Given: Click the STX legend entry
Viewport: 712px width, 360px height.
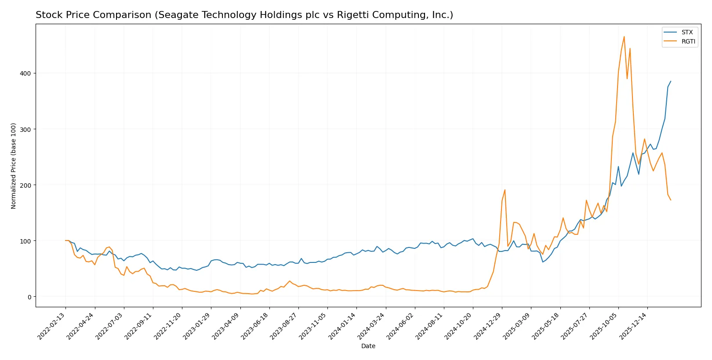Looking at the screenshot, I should (687, 33).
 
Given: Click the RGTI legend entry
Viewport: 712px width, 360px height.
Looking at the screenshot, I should (688, 42).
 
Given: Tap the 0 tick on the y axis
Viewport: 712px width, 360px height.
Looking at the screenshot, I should (29, 297).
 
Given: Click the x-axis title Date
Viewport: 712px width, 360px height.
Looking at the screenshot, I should (368, 346).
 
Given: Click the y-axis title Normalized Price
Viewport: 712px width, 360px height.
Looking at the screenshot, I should (14, 166).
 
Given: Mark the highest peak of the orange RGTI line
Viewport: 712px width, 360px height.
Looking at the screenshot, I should (624, 36).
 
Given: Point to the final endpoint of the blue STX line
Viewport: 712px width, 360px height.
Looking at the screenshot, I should (671, 81).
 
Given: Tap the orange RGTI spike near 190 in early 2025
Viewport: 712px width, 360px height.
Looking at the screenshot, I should (505, 190).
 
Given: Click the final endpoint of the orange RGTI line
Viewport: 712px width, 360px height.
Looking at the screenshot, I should (671, 200).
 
